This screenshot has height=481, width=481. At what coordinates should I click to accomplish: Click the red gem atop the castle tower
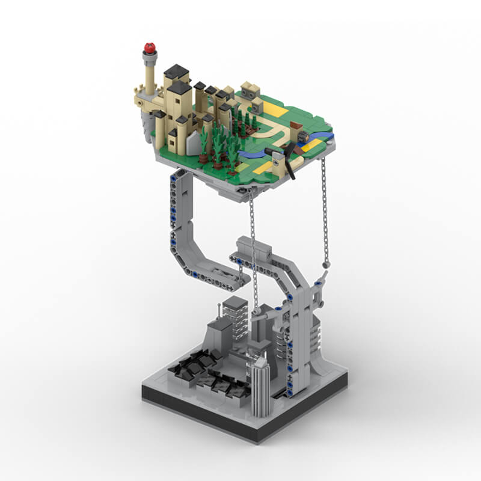click(x=149, y=47)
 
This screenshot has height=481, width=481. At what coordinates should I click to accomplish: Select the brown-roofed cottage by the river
click(x=296, y=129)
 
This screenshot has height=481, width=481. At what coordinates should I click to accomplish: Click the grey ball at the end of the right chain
click(x=326, y=263)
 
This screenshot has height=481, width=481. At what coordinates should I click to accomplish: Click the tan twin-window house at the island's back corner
click(x=251, y=92)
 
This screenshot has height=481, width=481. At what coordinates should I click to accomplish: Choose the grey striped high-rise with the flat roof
click(x=235, y=316)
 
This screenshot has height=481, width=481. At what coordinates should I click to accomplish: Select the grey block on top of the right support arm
click(x=252, y=245)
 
